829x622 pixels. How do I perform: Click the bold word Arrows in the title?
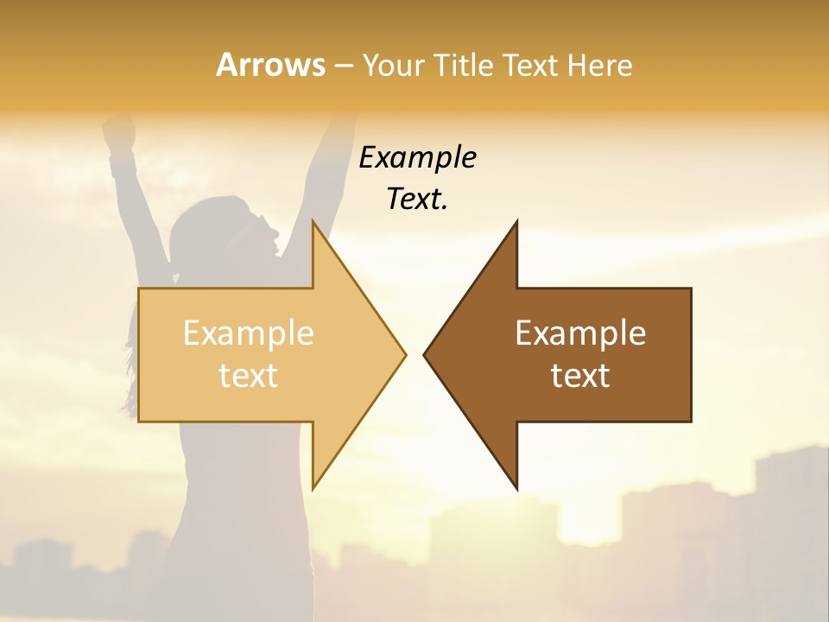coord(269,65)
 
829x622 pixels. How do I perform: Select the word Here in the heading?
coord(599,65)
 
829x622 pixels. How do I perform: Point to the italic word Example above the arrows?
coord(417,157)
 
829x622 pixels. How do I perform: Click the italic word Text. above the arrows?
coord(417,200)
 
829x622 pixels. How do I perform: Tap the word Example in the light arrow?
coord(248,333)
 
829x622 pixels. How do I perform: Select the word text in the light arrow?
coord(248,375)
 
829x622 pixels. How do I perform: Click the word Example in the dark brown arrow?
coord(580,333)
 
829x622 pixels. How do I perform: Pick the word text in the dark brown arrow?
coord(580,375)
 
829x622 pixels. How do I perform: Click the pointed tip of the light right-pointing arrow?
coord(404,354)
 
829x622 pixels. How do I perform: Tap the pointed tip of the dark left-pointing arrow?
coord(425,354)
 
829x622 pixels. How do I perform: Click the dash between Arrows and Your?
coord(343,67)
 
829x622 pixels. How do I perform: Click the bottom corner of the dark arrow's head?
coord(516,488)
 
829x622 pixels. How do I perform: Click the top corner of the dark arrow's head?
coord(516,222)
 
